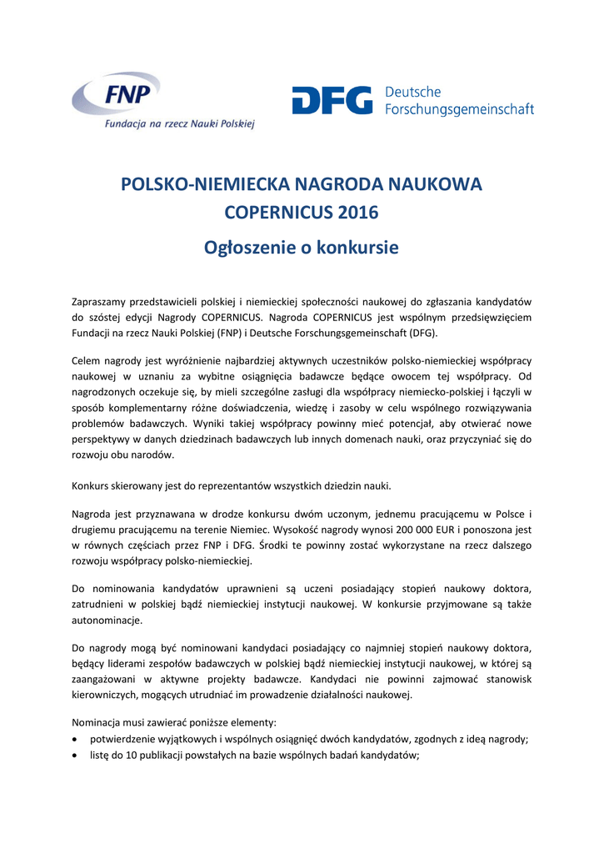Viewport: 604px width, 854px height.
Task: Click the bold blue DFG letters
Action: [332, 100]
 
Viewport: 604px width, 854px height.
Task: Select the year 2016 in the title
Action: [358, 213]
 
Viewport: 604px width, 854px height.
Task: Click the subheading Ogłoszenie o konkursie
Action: [302, 248]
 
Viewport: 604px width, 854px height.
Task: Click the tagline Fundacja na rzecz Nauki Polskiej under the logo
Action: [178, 123]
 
